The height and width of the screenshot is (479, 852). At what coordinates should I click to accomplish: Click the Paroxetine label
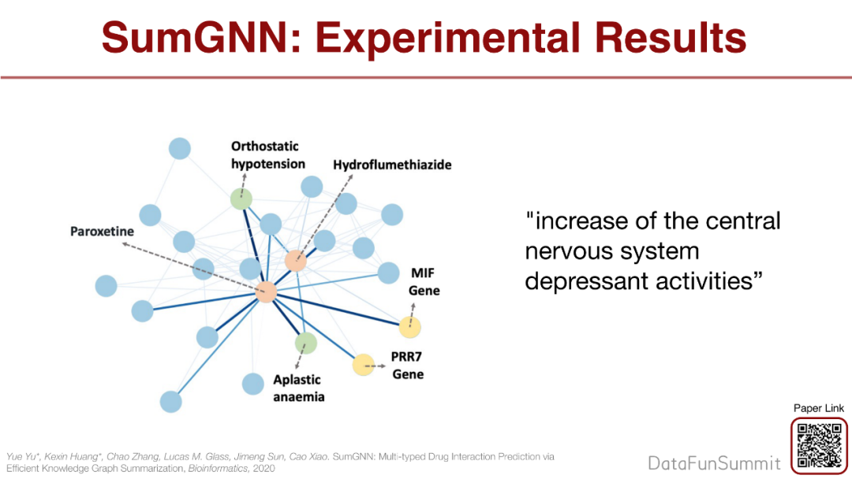[102, 232]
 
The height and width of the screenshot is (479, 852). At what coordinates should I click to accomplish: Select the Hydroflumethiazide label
[392, 165]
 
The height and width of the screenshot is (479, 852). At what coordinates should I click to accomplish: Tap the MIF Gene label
[424, 282]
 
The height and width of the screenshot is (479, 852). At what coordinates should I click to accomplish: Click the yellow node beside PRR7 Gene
[363, 364]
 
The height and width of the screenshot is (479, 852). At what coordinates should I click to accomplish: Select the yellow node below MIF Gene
[410, 326]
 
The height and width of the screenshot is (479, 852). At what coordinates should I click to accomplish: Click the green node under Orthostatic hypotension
[241, 199]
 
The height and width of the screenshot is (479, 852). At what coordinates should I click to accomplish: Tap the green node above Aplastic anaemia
[305, 343]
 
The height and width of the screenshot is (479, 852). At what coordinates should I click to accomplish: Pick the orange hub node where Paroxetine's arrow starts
[266, 291]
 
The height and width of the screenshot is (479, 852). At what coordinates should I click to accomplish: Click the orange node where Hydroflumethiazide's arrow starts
[295, 261]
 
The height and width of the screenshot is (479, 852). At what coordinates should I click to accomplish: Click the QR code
[819, 445]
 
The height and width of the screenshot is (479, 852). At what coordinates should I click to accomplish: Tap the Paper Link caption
[819, 408]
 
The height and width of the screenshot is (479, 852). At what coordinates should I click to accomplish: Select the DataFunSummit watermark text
[714, 462]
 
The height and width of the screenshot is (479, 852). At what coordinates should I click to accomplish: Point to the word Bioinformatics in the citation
[209, 467]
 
